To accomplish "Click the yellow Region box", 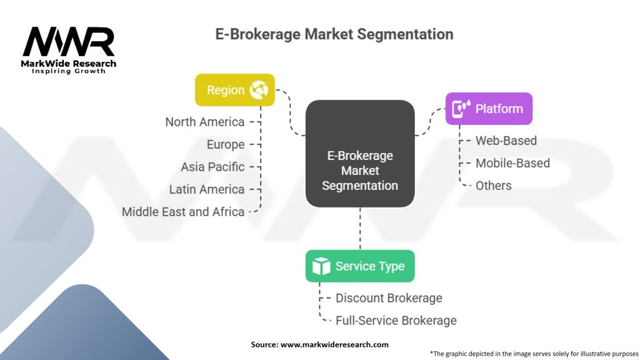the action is [235, 90].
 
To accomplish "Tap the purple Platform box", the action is [489, 109].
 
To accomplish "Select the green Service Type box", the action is [360, 266].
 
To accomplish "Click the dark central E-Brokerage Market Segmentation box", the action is [360, 154].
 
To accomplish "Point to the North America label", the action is [205, 122].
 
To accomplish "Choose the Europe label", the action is [226, 144].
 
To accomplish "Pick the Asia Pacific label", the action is [212, 167].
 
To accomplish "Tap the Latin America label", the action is [207, 189].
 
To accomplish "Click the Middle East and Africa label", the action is [183, 212].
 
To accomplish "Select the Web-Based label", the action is [506, 141].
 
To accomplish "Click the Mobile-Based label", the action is [512, 163].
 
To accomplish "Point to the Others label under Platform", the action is [494, 186].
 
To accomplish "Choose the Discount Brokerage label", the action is [389, 298].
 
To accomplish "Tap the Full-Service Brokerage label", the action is [396, 321].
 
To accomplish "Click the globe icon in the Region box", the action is [259, 90].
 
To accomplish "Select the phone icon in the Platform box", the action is [461, 109].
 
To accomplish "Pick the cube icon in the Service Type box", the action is [321, 266].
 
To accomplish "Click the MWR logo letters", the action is [69, 42].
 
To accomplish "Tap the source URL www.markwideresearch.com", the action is [334, 344].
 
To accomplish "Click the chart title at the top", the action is [334, 34].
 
